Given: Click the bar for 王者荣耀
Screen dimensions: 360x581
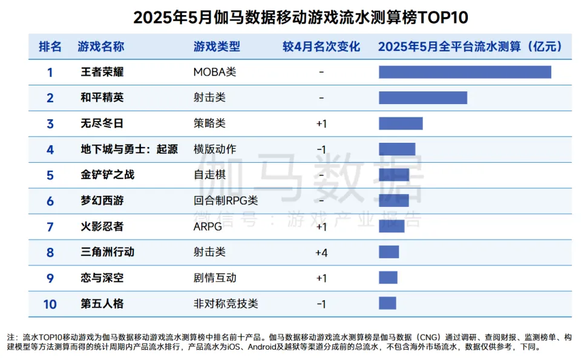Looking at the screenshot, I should click(x=465, y=72).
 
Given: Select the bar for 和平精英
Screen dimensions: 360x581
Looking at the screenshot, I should click(x=423, y=97).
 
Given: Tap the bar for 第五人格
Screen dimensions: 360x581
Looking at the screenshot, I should click(x=387, y=303).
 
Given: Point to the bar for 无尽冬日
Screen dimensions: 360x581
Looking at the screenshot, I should click(x=401, y=123).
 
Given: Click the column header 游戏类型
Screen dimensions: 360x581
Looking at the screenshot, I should click(x=217, y=47).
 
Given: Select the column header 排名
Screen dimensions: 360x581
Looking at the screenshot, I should click(x=50, y=47).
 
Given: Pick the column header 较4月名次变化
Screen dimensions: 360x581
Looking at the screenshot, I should click(x=321, y=47).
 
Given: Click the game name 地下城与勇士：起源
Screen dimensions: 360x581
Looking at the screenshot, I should click(x=130, y=149).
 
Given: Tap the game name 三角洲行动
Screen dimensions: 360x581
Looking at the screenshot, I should click(x=108, y=252).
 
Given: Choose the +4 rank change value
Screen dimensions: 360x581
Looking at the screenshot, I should click(x=321, y=252).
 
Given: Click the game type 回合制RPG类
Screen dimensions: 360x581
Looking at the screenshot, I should click(x=225, y=200).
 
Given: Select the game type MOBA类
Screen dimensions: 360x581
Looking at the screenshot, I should click(x=214, y=72).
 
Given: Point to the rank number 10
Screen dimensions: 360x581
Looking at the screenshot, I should click(x=50, y=304).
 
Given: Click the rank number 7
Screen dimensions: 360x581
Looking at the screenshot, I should click(x=50, y=226).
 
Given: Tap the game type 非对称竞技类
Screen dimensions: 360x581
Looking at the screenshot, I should click(x=225, y=303).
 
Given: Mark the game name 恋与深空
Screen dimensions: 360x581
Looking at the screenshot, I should click(x=102, y=278).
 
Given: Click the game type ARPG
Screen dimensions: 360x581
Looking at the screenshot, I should click(x=208, y=226).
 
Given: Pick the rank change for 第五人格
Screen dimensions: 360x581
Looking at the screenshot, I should click(x=321, y=304).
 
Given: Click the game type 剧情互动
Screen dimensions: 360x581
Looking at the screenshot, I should click(x=214, y=278).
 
